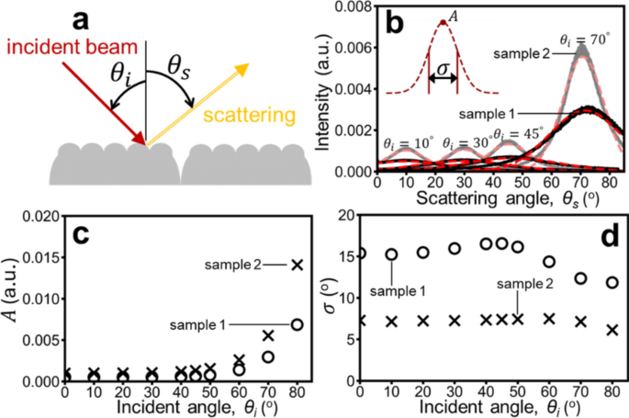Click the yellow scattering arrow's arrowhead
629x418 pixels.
coord(241,69)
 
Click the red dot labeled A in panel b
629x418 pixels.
coord(444,23)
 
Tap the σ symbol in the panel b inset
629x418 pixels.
coord(444,69)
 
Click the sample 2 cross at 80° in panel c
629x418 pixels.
coord(296,265)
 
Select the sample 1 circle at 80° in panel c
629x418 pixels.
coord(296,324)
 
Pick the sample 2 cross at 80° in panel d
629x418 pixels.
coord(612,330)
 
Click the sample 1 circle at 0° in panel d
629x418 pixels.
coord(361,253)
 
